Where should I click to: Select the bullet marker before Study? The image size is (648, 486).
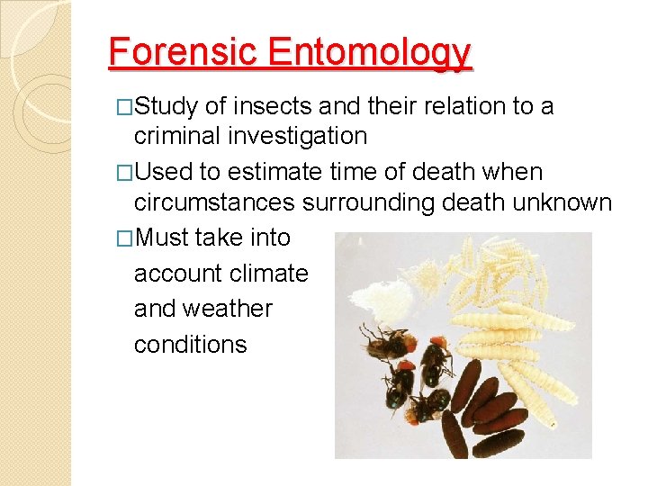(x=125, y=108)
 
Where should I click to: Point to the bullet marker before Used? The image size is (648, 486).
(x=125, y=173)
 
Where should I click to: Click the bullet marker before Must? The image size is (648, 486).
(x=125, y=238)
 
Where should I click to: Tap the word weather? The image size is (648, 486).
(x=229, y=308)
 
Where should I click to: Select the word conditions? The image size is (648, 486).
(x=190, y=344)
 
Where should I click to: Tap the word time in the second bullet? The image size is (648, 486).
(x=384, y=172)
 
